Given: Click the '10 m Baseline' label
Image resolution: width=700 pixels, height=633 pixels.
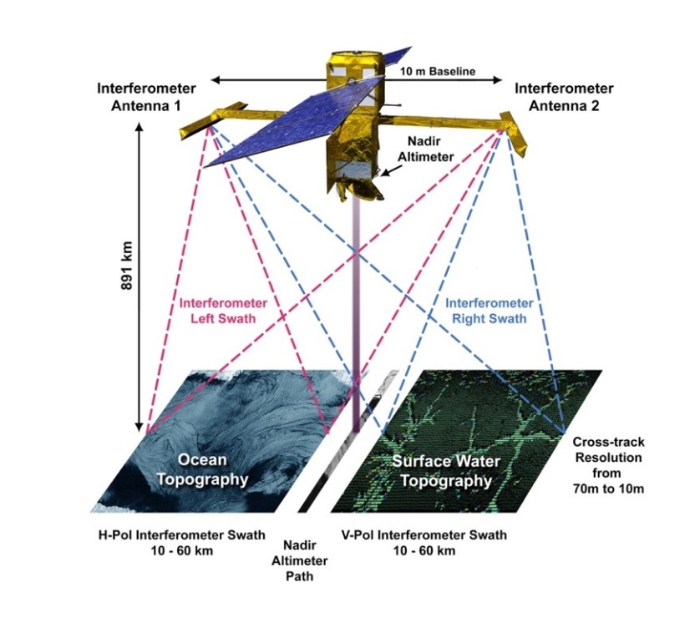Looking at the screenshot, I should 438,72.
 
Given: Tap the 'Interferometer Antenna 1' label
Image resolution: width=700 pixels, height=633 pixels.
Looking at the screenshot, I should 146,95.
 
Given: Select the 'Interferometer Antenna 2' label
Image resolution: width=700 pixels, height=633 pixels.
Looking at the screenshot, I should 564,95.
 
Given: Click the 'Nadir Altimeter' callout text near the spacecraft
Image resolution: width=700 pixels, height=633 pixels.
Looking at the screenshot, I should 431,149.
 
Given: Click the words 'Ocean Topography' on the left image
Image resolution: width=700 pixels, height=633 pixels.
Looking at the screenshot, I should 212,470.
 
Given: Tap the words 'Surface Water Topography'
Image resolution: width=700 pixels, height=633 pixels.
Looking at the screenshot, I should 442,471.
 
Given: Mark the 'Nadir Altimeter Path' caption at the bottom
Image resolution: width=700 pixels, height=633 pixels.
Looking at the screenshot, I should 299,560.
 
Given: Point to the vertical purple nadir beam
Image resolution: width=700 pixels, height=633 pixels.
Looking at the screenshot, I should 357,317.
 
